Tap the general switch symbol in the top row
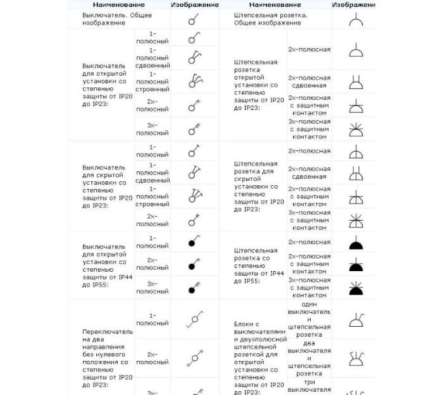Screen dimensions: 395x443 (194, 19)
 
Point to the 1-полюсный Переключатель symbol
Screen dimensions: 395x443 (194, 321)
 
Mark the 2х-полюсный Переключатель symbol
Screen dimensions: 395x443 (194, 358)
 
